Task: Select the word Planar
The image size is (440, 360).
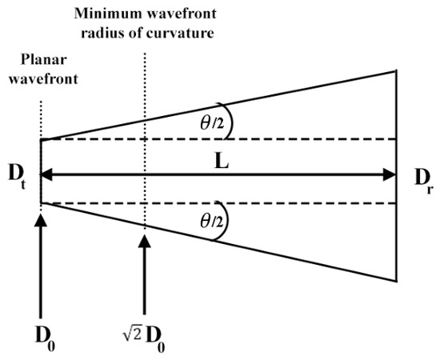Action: pos(43,59)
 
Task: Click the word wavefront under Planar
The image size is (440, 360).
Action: pos(43,78)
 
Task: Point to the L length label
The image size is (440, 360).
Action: pos(222,161)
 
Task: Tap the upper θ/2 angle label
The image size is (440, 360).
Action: pos(212,123)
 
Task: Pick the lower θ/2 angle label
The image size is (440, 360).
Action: pos(212,221)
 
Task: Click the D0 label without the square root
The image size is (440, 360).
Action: pos(45,338)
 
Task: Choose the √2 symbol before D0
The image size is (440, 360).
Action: pos(132,332)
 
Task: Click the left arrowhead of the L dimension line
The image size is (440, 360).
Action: pos(46,174)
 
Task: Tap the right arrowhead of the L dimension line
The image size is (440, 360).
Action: pos(390,174)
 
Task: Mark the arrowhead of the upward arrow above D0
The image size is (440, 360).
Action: pos(41,220)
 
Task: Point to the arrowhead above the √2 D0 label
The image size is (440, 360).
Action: pos(145,242)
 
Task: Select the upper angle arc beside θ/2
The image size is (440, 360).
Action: pos(231,121)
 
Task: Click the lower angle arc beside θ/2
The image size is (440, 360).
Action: pos(226,220)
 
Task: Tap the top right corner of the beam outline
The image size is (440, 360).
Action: pos(396,70)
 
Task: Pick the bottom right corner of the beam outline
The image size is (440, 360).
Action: pos(396,282)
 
